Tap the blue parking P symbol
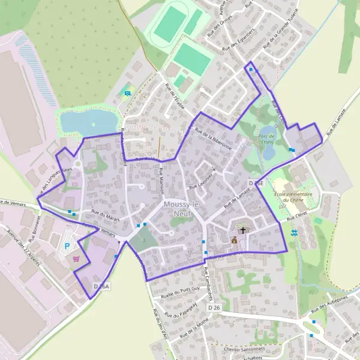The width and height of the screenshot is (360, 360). [x=68, y=246]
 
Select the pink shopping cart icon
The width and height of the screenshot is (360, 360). [x=76, y=259]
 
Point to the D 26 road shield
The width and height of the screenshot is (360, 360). [x=214, y=308]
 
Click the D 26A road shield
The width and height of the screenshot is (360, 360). [x=102, y=287]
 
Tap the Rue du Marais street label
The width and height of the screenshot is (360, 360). [x=106, y=216]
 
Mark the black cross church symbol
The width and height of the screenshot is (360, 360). [x=243, y=230]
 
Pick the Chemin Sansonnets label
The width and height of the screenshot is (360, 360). [x=244, y=349]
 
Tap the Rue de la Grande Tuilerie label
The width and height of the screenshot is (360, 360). [x=280, y=35]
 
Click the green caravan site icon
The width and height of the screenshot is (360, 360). [x=127, y=92]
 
